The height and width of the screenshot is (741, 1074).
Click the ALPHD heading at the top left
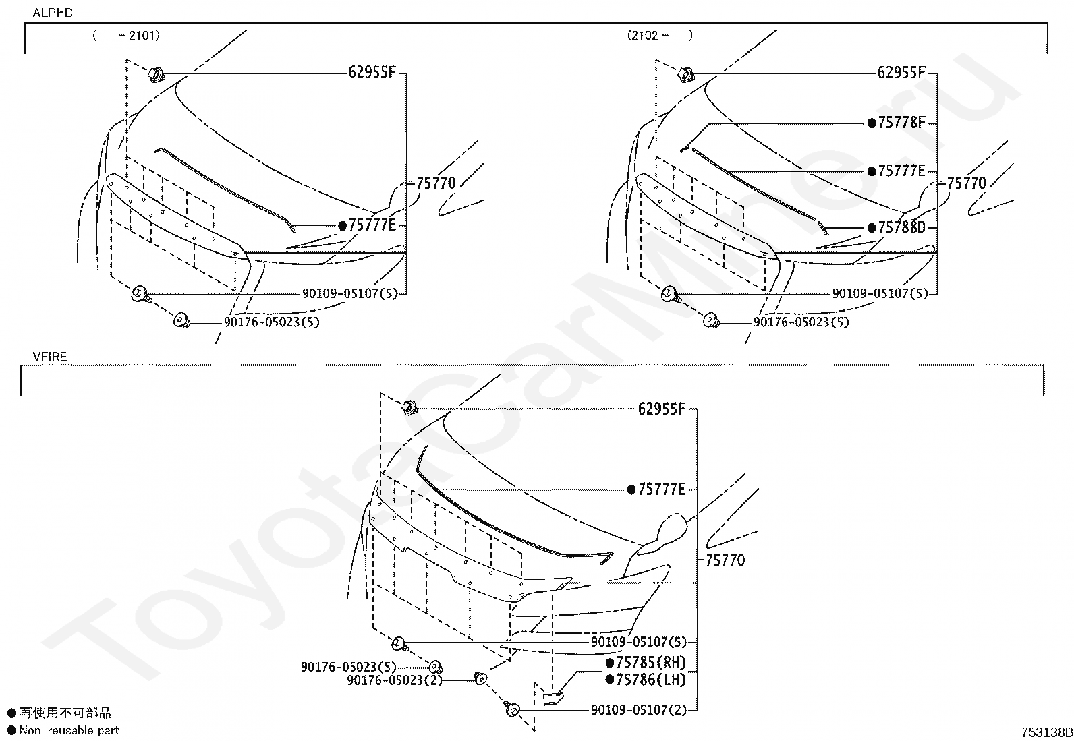(53, 13)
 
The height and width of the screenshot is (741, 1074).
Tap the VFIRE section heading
(50, 357)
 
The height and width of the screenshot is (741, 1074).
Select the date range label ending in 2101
(126, 36)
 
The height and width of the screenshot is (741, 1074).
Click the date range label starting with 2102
(660, 36)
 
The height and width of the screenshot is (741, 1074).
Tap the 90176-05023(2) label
(395, 680)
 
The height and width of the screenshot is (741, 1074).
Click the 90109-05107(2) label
(639, 710)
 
